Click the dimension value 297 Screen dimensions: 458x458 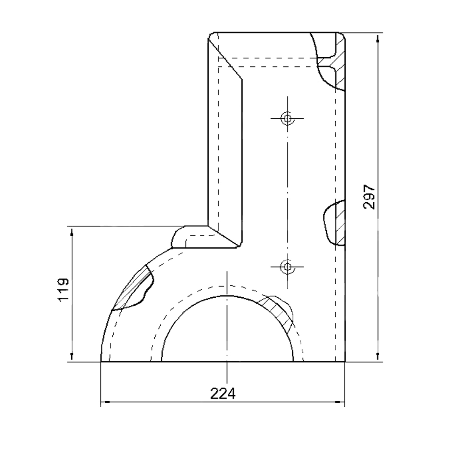pyautogui.click(x=369, y=197)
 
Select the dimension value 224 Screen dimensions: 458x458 pyautogui.click(x=223, y=394)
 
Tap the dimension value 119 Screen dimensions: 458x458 pyautogui.click(x=64, y=290)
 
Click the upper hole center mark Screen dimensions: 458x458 pyautogui.click(x=288, y=118)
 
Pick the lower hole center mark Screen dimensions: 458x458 pyautogui.click(x=288, y=267)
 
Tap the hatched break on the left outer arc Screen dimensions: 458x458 pyautogui.click(x=133, y=288)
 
